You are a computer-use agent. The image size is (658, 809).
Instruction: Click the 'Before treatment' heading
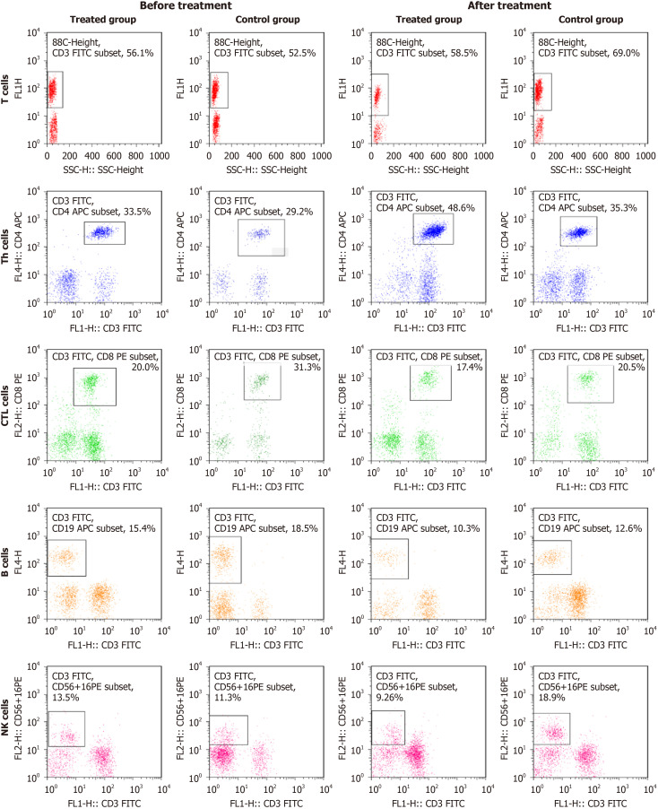click(186, 5)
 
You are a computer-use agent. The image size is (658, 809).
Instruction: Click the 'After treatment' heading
click(509, 5)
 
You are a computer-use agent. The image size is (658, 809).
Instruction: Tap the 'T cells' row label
click(5, 89)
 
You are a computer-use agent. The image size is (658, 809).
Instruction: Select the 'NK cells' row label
click(5, 718)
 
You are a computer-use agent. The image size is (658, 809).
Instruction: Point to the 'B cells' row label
click(5, 561)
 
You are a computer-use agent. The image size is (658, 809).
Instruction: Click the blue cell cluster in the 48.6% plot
click(434, 231)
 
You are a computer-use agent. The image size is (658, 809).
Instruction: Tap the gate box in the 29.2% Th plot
click(238, 238)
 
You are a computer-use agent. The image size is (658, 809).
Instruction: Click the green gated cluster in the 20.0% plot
click(91, 382)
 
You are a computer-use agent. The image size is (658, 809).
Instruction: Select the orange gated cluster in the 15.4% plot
click(65, 557)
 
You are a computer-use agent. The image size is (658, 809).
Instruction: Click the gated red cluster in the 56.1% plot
click(52, 90)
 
